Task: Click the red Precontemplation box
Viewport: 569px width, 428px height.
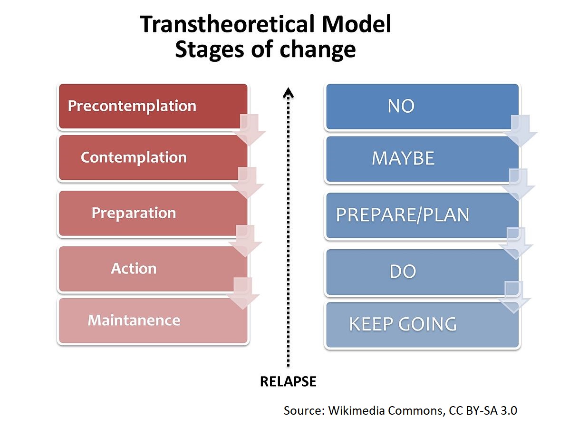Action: click(x=152, y=106)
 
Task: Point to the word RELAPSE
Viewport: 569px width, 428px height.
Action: click(x=288, y=381)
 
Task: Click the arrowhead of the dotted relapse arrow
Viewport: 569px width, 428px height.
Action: click(x=288, y=91)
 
